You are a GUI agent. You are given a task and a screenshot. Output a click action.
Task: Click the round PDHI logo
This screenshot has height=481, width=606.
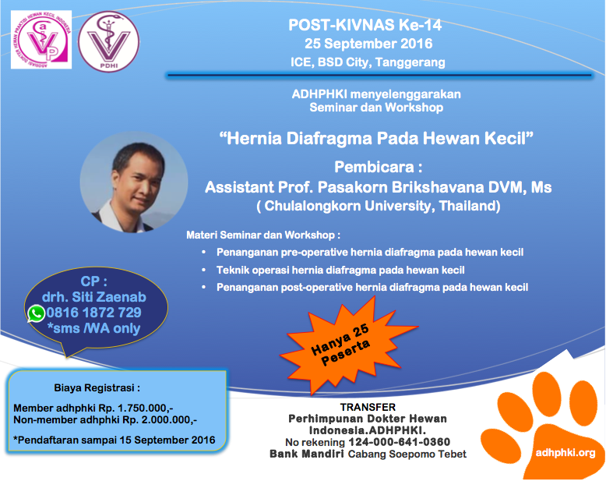coord(109,41)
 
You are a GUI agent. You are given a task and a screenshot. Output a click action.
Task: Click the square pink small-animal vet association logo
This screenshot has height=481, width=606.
coord(41,40)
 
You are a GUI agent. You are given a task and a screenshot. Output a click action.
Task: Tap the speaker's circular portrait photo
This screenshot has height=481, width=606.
coord(134,182)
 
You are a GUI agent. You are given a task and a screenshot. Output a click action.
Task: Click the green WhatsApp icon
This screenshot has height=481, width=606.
coord(37,313)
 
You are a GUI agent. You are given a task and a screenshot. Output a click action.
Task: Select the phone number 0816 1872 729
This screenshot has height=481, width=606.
coord(94,313)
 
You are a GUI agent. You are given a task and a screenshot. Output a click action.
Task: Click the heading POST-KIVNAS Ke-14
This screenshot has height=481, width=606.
coord(365,25)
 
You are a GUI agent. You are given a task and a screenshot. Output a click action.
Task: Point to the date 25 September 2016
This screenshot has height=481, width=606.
coord(368,44)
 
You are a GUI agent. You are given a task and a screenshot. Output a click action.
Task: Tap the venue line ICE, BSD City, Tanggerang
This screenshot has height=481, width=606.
coord(368,62)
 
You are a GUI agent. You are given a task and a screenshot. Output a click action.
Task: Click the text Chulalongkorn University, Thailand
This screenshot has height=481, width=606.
coord(380,206)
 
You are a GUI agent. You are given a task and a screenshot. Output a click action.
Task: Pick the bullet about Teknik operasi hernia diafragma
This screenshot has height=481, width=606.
coord(340,270)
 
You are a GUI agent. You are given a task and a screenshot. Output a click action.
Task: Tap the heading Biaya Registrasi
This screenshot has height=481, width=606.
coord(97,387)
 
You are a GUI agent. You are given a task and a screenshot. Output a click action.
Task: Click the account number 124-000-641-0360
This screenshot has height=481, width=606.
coord(400,442)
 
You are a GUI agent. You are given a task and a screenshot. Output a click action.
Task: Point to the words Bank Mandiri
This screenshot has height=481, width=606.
coord(307,454)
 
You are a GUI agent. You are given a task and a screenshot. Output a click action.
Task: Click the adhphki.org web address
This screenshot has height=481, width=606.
coord(565,452)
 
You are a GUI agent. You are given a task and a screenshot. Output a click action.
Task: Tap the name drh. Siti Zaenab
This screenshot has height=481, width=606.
coord(94,297)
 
